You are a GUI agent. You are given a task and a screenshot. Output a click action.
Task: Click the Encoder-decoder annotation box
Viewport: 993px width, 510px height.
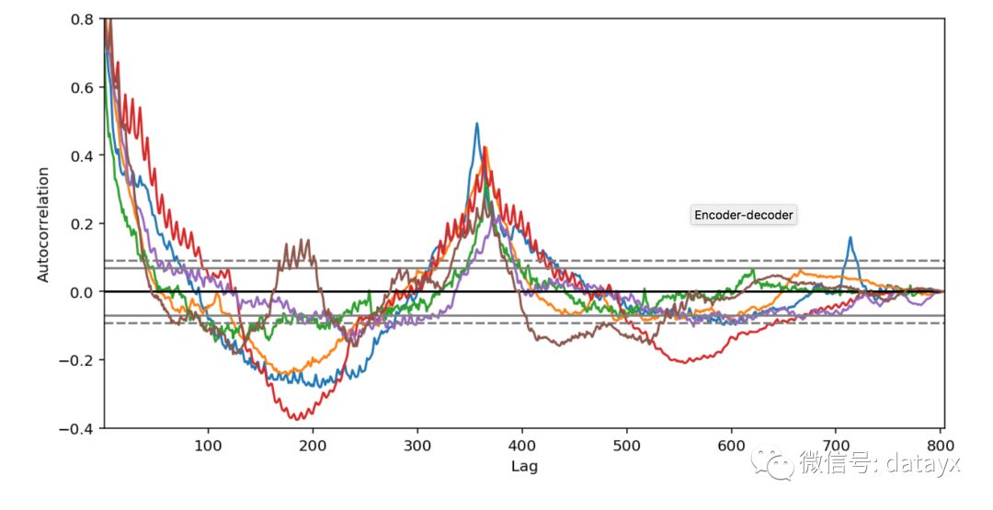744,215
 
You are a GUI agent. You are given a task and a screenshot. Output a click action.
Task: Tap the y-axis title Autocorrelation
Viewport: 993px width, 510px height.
43,224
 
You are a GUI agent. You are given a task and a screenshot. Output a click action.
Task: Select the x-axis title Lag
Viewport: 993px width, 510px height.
524,466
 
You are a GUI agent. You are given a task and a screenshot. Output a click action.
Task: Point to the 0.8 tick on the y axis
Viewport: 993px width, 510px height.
81,19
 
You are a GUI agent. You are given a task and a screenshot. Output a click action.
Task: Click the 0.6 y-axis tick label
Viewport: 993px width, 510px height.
81,87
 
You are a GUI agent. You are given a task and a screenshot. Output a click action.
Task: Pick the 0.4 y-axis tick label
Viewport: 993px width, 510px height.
81,155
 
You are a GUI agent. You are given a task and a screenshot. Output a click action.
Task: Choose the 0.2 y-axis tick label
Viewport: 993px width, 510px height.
81,223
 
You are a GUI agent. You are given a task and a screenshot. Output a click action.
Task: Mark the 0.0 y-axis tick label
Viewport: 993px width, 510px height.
81,292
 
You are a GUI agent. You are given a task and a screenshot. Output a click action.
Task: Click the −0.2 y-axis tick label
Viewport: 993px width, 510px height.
75,360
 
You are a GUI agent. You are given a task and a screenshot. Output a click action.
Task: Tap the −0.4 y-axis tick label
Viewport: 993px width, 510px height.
75,428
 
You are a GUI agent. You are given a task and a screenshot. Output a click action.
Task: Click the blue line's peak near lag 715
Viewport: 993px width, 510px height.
850,238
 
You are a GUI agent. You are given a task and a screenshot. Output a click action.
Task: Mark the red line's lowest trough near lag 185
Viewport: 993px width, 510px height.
296,419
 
